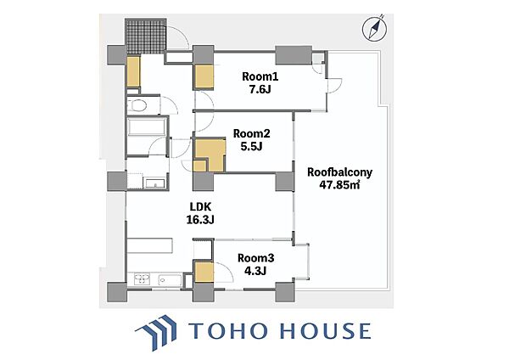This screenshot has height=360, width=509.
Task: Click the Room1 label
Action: click(260, 76)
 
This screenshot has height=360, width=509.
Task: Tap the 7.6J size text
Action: click(260, 89)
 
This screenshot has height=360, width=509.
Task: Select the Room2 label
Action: click(252, 133)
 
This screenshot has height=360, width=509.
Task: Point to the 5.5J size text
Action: click(251, 147)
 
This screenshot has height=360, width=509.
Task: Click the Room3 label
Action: click(256, 258)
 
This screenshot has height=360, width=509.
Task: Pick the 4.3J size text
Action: click(255, 271)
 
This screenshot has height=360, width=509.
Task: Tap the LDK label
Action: click(200, 206)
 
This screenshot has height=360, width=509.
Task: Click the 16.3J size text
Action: click(200, 220)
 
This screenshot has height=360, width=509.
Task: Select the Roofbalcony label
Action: click(339, 172)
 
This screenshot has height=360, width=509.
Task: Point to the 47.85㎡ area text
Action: click(339, 185)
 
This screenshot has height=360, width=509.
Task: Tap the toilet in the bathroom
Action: click(137, 105)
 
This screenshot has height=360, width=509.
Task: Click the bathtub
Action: click(147, 127)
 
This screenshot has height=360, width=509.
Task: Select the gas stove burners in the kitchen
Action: click(142, 279)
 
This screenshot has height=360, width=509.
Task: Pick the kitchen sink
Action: click(170, 279)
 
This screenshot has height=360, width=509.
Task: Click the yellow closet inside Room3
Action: click(204, 273)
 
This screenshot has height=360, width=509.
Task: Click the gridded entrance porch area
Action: click(146, 36)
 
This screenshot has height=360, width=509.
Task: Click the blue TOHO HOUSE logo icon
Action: click(156, 332)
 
